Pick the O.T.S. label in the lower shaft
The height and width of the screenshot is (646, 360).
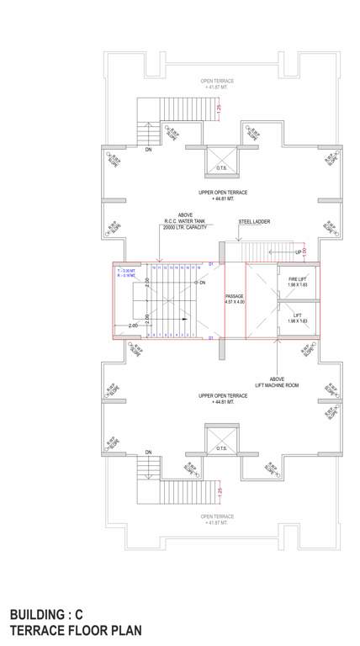pyautogui.click(x=223, y=449)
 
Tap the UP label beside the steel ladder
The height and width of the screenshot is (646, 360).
pyautogui.click(x=299, y=252)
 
